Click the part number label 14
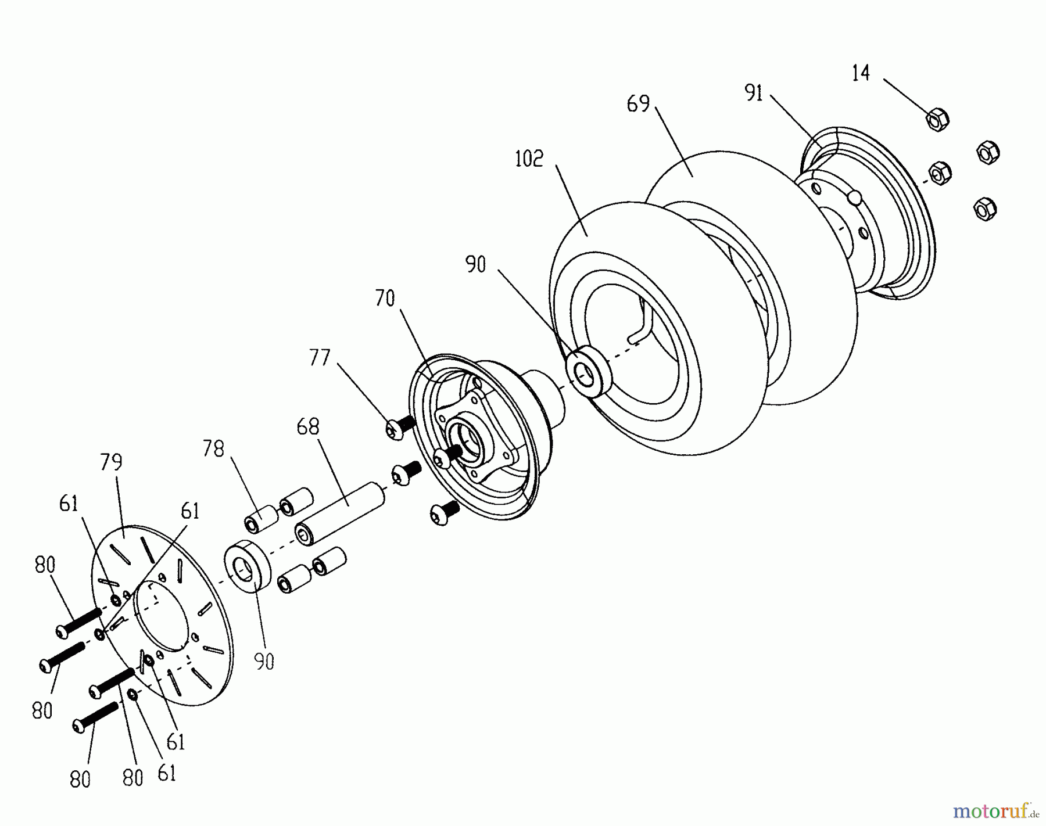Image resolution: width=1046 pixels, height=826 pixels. pyautogui.click(x=861, y=74)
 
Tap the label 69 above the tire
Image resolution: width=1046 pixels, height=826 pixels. pyautogui.click(x=638, y=104)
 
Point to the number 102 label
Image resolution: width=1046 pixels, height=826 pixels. pyautogui.click(x=529, y=159)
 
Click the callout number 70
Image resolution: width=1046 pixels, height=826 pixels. pyautogui.click(x=385, y=299)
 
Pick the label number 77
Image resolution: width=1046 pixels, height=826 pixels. pyautogui.click(x=320, y=358)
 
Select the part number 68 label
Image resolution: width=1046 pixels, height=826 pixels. pyautogui.click(x=308, y=427)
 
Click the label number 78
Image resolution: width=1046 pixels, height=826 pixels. pyautogui.click(x=213, y=448)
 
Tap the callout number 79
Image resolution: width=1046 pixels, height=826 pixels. pyautogui.click(x=111, y=462)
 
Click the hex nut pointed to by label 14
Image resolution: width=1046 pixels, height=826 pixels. pyautogui.click(x=937, y=120)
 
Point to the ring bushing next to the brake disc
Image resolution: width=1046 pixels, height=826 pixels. pyautogui.click(x=248, y=566)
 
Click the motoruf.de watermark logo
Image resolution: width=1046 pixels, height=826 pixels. pyautogui.click(x=994, y=809)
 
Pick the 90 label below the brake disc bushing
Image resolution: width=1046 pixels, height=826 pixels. pyautogui.click(x=264, y=661)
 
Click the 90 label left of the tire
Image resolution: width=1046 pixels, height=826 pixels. pyautogui.click(x=475, y=265)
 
